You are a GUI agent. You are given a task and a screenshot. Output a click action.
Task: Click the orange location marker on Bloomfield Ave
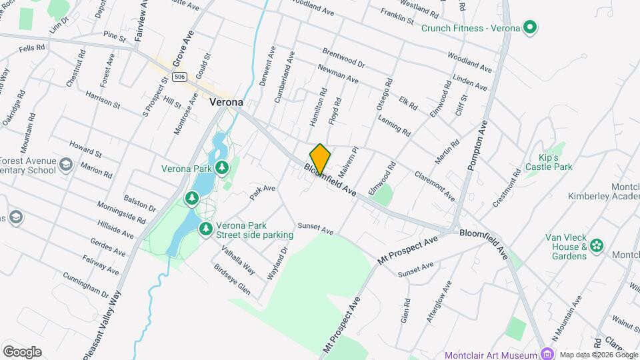point(320,159)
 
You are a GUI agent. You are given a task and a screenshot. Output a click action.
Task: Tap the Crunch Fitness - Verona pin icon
point(530,28)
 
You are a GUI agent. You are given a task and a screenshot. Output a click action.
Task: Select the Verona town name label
point(225,103)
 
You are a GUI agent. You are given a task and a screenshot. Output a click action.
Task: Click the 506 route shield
point(178,77)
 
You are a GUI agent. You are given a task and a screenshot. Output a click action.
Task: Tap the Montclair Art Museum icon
point(547,354)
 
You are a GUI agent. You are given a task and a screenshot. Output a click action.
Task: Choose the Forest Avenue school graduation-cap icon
point(66,165)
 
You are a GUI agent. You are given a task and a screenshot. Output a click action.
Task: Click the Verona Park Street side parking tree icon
point(206,229)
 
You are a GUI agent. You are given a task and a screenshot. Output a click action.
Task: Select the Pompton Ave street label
point(479,146)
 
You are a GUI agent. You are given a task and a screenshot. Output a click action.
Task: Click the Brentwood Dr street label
point(343,57)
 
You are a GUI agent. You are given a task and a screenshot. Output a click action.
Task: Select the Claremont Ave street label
point(434,187)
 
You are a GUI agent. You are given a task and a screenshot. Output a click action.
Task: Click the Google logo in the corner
point(22,351)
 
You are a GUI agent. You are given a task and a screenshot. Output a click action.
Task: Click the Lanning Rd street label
point(393,125)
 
